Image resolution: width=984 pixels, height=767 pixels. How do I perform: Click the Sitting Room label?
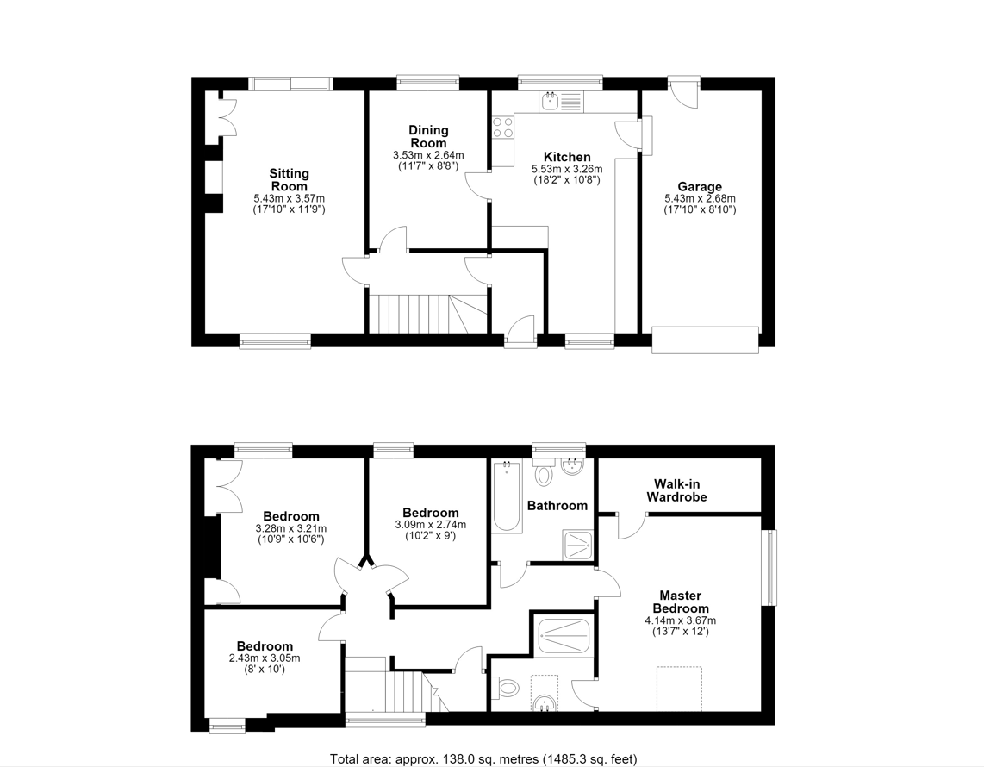point(290,180)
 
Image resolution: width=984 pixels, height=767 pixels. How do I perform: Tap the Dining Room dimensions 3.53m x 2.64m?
point(428,155)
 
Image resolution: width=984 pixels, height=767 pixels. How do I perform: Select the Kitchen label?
point(567,157)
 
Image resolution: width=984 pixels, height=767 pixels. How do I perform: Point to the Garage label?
point(700,186)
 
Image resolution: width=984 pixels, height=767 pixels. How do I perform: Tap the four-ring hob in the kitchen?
point(502,128)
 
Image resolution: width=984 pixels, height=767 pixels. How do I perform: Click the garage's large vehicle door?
point(706,340)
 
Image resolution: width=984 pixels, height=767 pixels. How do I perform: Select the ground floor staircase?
point(427,313)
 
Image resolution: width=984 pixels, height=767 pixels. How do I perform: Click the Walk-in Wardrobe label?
point(676,491)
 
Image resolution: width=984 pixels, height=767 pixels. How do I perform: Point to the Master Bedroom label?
point(681,602)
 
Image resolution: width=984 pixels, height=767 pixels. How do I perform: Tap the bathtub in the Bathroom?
point(507,496)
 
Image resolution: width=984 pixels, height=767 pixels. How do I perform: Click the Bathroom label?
point(557,506)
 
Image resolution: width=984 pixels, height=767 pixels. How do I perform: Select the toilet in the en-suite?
point(507,688)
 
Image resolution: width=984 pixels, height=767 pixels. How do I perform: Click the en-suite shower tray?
point(564,637)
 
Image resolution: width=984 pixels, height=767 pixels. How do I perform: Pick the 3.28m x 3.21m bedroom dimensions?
point(291,528)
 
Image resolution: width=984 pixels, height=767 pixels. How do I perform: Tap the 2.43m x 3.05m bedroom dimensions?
point(265,658)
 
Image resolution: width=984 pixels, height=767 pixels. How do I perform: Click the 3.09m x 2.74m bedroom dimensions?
point(431,525)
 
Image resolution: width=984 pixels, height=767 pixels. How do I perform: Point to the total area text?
point(483,759)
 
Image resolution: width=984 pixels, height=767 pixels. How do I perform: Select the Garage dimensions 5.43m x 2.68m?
point(701,198)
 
